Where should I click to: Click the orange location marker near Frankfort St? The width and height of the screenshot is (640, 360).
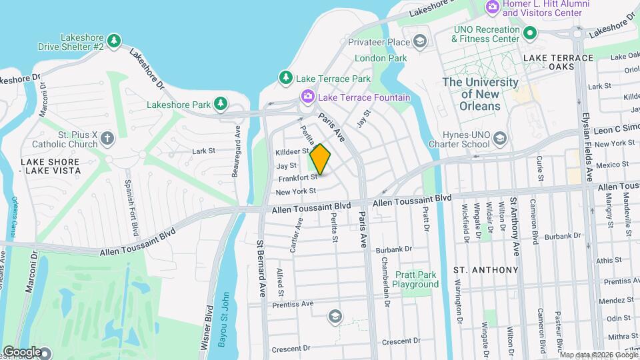320,159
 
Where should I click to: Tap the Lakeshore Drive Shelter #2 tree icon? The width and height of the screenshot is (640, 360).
114,42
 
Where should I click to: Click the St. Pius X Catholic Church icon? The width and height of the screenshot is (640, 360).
107,139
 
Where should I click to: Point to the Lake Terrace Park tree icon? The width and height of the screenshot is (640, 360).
286,79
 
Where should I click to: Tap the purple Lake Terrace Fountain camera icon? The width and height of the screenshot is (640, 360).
307,97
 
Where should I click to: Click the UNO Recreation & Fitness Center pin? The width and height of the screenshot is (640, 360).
530,33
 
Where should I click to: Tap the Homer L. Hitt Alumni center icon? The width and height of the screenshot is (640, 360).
493,7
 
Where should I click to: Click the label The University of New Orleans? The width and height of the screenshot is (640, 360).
481,94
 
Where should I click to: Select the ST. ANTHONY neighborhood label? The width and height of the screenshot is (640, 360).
485,270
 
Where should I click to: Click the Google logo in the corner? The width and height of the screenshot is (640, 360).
22,351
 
